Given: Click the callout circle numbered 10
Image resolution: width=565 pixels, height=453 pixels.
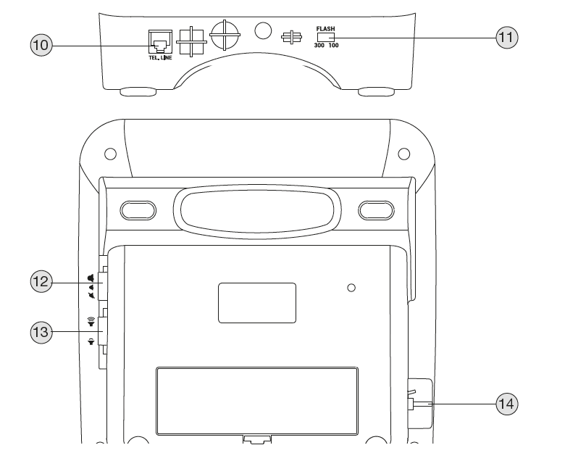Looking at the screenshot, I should pyautogui.click(x=41, y=45).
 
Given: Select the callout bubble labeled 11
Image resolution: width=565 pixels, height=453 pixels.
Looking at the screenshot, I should pyautogui.click(x=507, y=36).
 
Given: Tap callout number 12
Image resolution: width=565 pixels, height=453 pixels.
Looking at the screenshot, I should pyautogui.click(x=41, y=280).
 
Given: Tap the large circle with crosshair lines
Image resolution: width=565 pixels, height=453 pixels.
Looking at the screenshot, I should pyautogui.click(x=224, y=32).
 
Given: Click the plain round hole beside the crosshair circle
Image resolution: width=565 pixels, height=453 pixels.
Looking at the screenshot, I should pyautogui.click(x=264, y=31).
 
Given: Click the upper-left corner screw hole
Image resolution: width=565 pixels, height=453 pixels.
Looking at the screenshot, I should pyautogui.click(x=110, y=154).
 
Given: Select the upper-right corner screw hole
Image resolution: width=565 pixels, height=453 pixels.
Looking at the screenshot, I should pyautogui.click(x=403, y=154).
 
